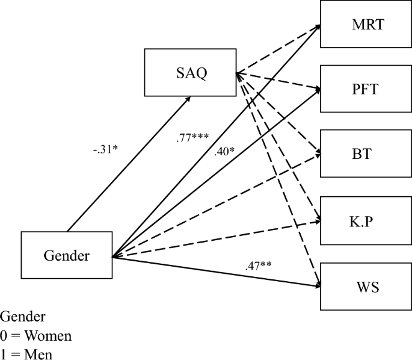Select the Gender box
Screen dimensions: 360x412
[66, 255]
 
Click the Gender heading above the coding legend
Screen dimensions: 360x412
[22, 316]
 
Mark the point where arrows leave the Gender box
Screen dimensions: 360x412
[113, 257]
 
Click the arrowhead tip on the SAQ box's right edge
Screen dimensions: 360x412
[239, 73]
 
